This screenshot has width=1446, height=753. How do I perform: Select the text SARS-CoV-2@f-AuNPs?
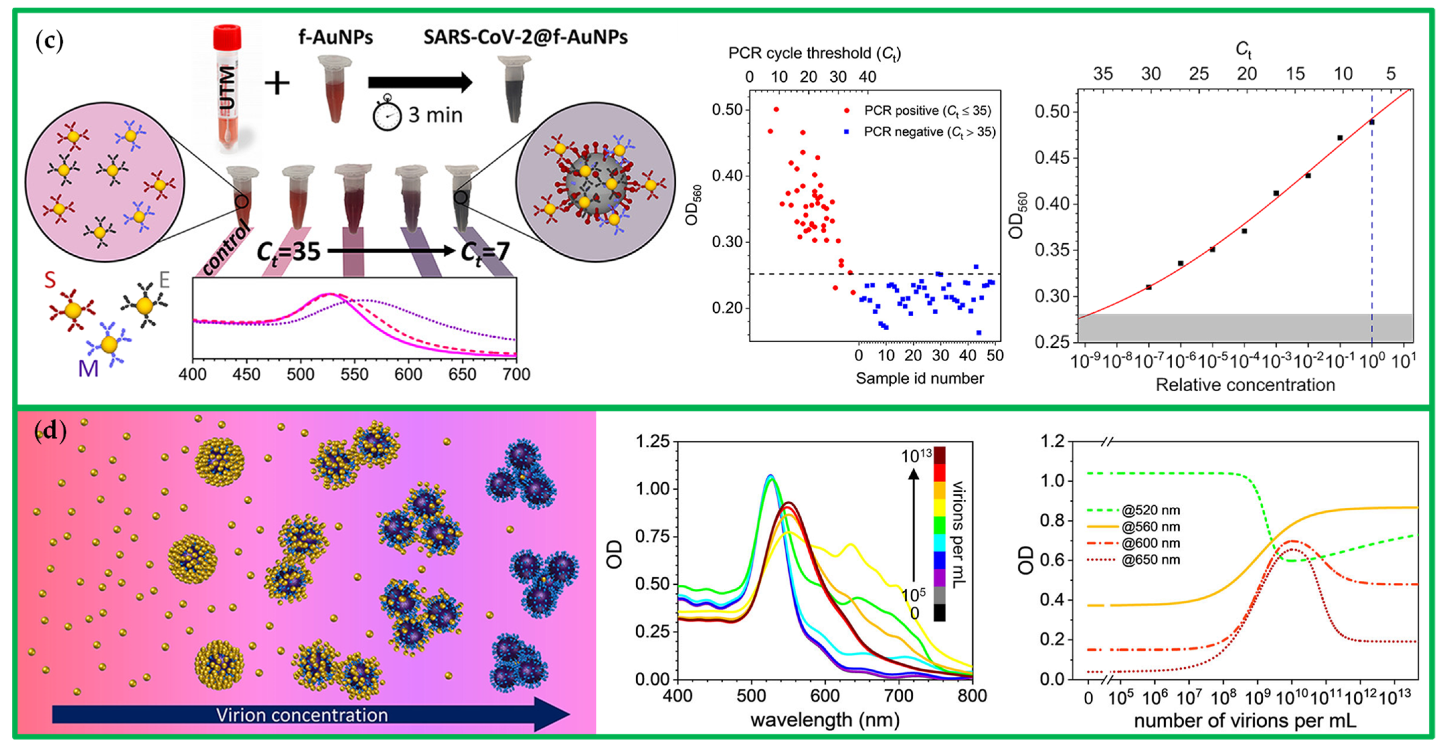(x=525, y=37)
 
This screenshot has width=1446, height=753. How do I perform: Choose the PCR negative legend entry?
(x=929, y=132)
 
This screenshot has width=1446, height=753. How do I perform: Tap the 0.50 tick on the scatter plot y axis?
(x=727, y=109)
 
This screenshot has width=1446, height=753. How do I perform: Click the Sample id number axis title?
(x=919, y=379)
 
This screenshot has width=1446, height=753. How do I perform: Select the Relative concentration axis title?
(x=1245, y=385)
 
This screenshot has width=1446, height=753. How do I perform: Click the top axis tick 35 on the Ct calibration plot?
(x=1102, y=74)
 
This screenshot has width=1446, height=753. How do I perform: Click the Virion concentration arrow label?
(x=302, y=715)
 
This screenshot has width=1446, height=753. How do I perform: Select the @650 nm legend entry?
(x=1150, y=560)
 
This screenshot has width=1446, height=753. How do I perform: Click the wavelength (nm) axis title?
(x=825, y=720)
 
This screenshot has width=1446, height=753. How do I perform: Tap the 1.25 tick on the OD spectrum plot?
(x=652, y=441)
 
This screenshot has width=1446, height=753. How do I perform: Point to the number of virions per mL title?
(x=1245, y=721)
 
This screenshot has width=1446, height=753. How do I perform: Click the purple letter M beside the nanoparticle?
(x=88, y=368)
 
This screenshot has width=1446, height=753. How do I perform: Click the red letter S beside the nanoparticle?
(x=51, y=280)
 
